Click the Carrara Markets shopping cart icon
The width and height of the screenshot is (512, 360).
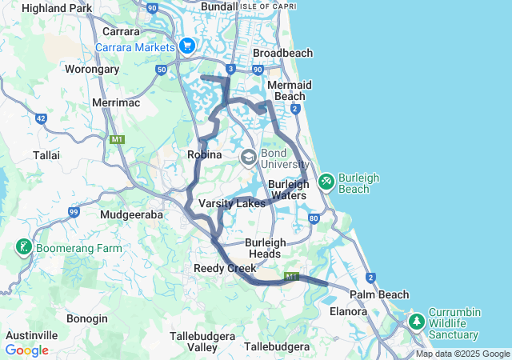[x=187, y=46]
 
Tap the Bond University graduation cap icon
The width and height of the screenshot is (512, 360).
[x=249, y=156]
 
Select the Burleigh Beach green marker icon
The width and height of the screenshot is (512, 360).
[x=326, y=182]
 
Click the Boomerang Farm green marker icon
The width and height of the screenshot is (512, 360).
[x=23, y=247]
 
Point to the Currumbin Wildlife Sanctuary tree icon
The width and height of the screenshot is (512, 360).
[x=416, y=322]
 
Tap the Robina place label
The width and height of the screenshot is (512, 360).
[x=204, y=154]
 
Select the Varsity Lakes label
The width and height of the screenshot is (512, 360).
[x=232, y=204]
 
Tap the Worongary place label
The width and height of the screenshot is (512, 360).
[x=92, y=69]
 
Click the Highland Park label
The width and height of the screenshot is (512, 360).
[x=57, y=8]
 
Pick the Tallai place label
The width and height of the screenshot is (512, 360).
[x=46, y=154]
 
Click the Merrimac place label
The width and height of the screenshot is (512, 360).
[x=116, y=103]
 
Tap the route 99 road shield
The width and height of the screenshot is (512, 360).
[x=74, y=212]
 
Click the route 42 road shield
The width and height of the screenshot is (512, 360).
[x=41, y=118]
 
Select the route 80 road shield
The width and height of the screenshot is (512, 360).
[x=314, y=218]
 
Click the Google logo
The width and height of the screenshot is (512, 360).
[x=26, y=350]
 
